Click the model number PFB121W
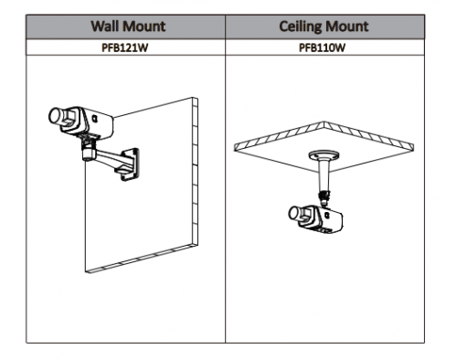click(x=125, y=48)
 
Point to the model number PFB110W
click(x=323, y=48)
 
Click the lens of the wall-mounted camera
click(x=56, y=116)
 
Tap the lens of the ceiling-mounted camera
click(x=294, y=213)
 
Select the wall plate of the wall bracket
click(x=131, y=164)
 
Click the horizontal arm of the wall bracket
click(x=110, y=157)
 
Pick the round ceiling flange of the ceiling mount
click(x=324, y=155)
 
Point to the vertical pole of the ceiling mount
click(x=323, y=175)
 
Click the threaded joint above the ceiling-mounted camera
click(x=324, y=197)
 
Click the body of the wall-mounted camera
click(x=89, y=122)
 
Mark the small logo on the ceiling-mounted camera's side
click(x=327, y=215)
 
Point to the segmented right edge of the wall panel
click(x=195, y=171)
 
